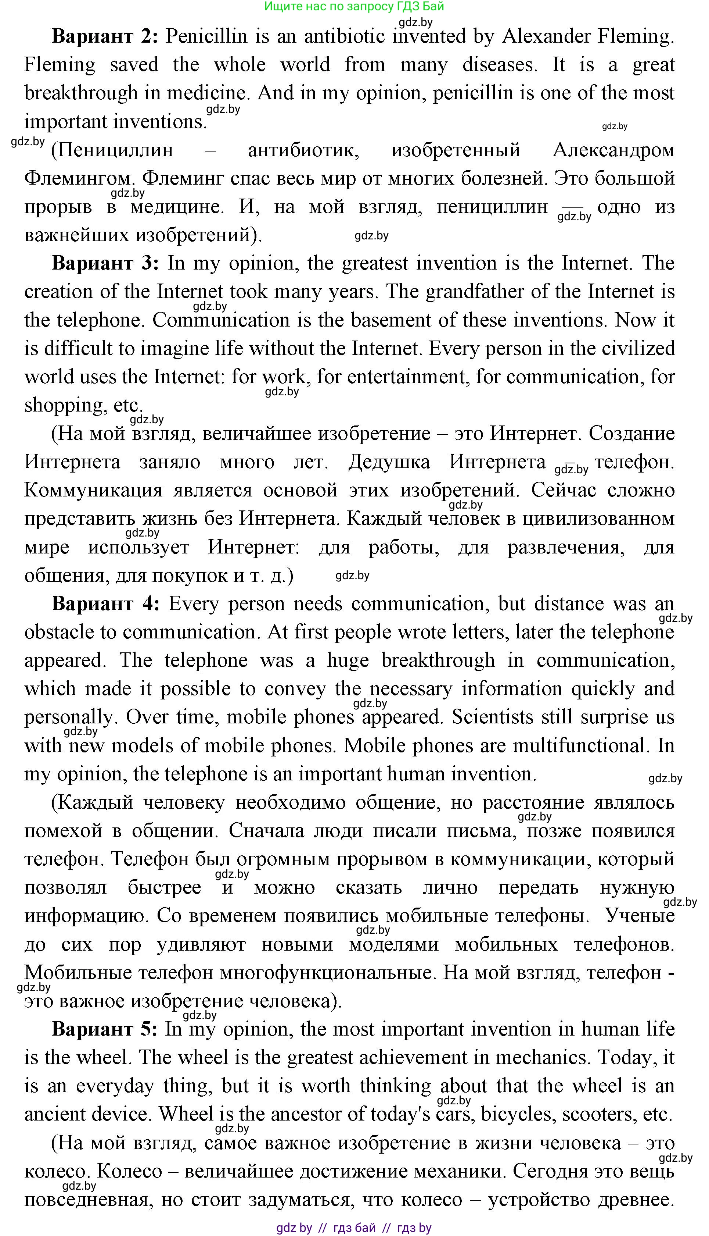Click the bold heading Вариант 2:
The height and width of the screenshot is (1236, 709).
tap(105, 36)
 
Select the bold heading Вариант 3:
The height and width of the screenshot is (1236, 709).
tap(105, 263)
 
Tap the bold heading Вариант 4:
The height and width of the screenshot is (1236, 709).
tap(105, 604)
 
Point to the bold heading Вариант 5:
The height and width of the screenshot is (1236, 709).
tap(104, 1029)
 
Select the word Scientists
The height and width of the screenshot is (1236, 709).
tap(511, 717)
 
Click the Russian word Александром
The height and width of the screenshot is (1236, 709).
tap(613, 150)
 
